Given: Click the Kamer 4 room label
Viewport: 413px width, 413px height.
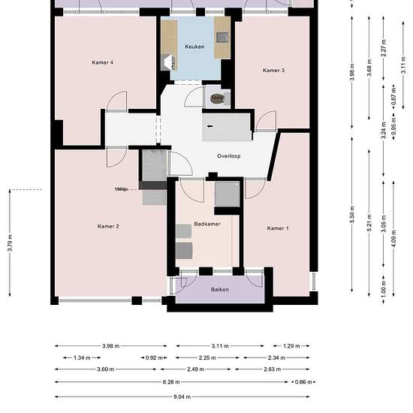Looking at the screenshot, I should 102,62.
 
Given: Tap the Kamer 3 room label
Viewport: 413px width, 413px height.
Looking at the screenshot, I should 273,71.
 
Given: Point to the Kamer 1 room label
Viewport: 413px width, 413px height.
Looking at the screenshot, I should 277,228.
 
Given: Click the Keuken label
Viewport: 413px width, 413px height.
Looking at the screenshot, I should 194,47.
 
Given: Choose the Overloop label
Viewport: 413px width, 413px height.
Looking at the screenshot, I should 228,155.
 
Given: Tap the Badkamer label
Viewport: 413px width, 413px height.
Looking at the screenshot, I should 206,224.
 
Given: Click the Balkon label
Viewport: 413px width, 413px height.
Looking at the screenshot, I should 219,288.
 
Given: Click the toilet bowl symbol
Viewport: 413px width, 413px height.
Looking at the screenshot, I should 218,98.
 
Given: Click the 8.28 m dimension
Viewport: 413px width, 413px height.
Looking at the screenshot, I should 183,383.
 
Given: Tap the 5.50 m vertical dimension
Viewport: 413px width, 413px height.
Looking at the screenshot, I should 351,218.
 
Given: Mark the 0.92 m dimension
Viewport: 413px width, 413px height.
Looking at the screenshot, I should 155,358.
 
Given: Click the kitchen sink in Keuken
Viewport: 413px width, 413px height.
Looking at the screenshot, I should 220,36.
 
